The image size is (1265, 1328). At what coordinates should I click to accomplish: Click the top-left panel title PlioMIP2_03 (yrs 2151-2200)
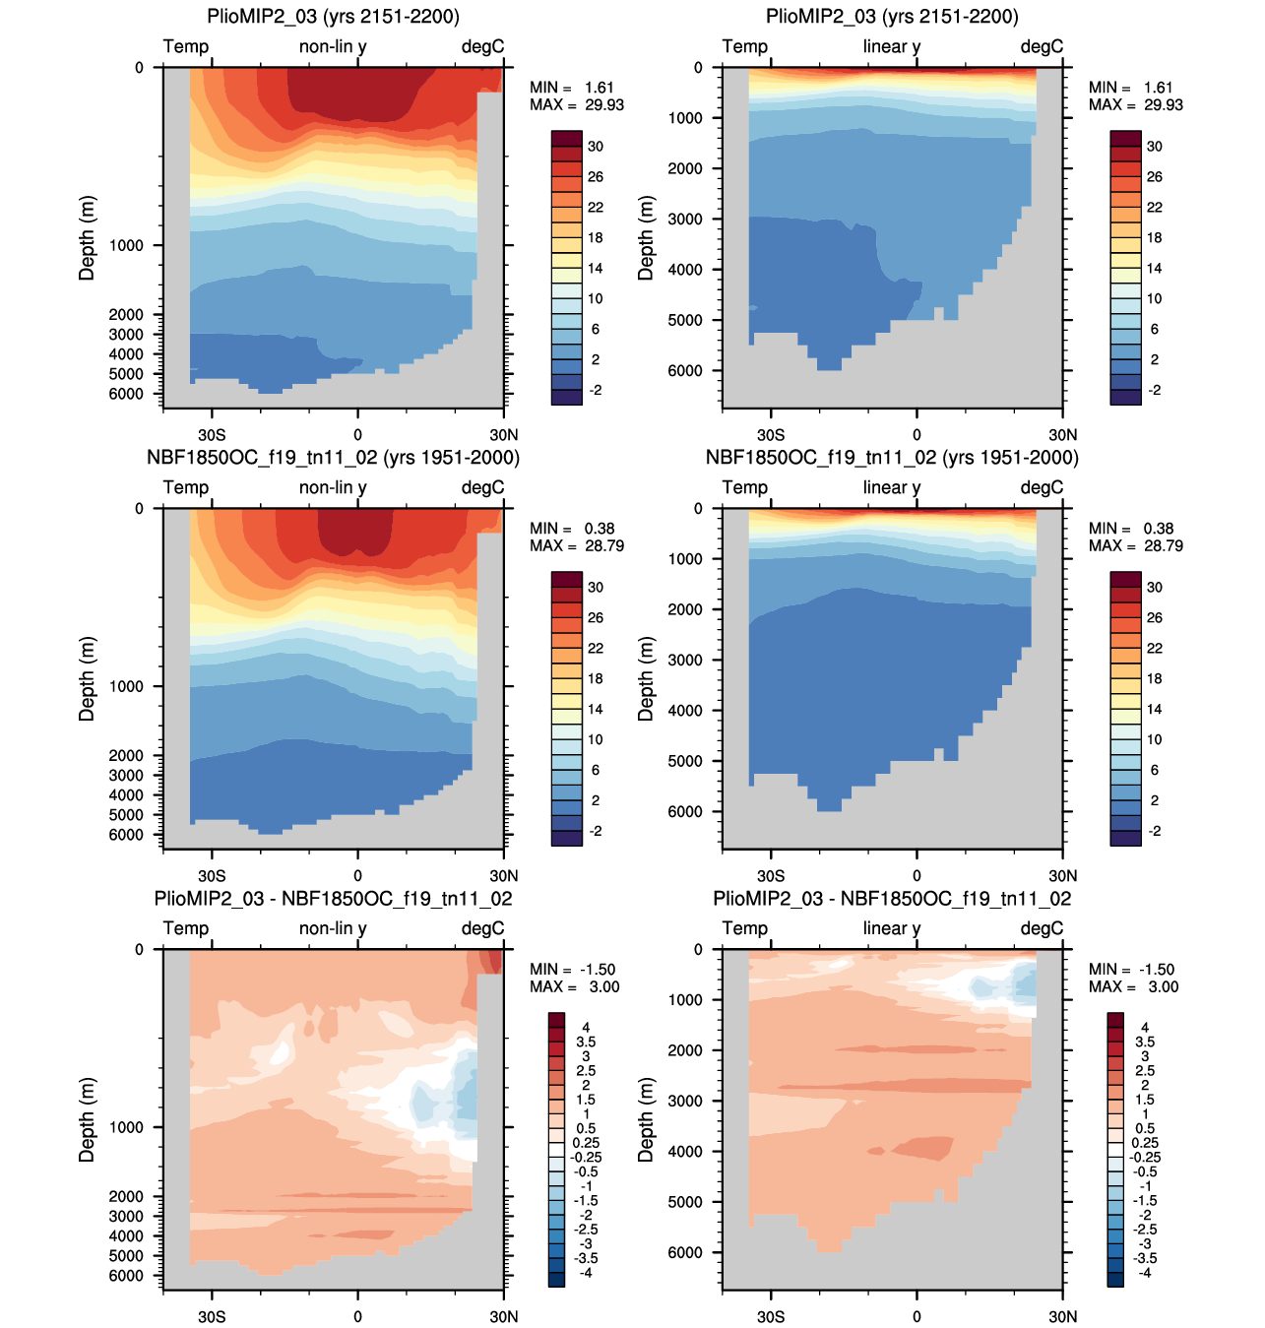point(333,16)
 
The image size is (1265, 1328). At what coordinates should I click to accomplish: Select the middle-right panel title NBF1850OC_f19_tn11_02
point(892,458)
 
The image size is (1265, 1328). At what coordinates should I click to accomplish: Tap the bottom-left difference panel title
point(333,899)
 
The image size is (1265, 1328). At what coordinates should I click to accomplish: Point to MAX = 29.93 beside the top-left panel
point(577,104)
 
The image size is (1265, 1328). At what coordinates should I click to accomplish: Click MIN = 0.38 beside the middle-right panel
point(1131,529)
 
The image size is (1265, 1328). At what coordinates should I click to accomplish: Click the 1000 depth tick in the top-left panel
point(126,245)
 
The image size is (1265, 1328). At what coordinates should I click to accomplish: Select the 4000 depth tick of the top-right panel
point(685,270)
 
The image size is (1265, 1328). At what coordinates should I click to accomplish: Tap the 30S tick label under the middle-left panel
point(212,876)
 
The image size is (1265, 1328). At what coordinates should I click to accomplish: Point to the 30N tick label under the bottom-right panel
point(1063,1316)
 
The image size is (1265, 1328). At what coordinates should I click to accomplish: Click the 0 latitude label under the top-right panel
point(917,434)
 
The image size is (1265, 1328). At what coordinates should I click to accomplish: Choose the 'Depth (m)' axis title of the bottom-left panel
point(87,1119)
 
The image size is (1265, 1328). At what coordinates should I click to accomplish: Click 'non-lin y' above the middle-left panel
point(333,487)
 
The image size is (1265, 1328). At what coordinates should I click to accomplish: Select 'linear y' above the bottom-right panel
point(891,928)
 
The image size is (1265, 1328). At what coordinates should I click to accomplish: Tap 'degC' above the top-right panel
point(1042,46)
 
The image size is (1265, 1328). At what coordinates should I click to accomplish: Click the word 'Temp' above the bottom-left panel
point(186,928)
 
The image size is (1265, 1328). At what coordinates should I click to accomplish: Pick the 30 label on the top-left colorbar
point(596,146)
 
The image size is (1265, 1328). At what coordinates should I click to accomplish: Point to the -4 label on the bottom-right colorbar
point(1144,1273)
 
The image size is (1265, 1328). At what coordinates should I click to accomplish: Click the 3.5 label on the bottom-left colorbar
point(586,1042)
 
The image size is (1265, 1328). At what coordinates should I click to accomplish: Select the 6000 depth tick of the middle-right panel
point(685,811)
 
